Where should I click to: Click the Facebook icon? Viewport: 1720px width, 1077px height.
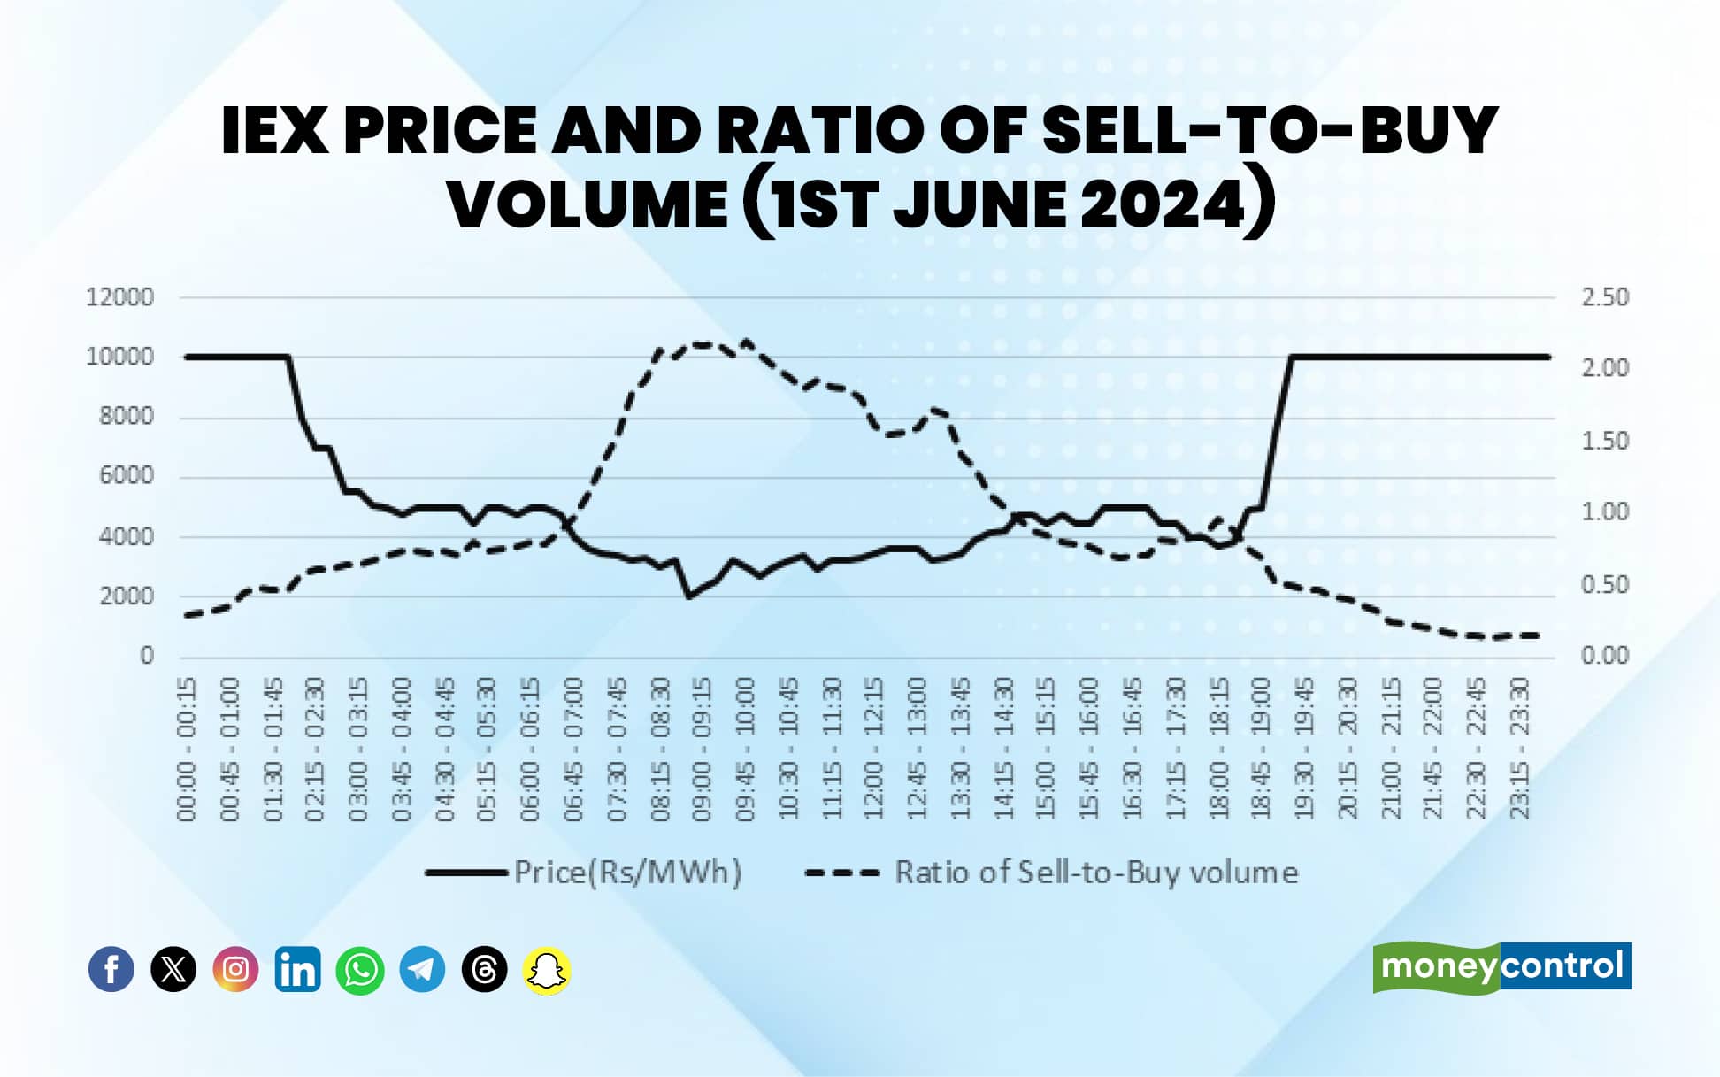(111, 969)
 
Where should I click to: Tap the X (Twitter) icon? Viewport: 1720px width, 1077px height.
(173, 969)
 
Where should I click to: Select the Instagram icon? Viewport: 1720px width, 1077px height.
(235, 969)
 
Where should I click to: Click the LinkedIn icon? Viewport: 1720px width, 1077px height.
(297, 969)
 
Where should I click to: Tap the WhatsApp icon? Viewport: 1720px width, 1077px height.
(360, 970)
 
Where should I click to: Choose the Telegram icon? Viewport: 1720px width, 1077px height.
(422, 969)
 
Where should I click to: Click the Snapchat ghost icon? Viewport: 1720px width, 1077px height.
(547, 971)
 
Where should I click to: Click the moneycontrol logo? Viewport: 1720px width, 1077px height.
(1501, 966)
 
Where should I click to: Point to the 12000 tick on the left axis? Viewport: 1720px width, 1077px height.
(119, 297)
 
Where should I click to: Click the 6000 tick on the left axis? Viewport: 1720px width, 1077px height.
(126, 476)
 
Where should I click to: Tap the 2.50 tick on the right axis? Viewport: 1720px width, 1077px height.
(1605, 297)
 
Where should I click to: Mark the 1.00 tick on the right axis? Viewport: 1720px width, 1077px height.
(1605, 512)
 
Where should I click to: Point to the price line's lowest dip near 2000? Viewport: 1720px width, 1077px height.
(689, 596)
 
